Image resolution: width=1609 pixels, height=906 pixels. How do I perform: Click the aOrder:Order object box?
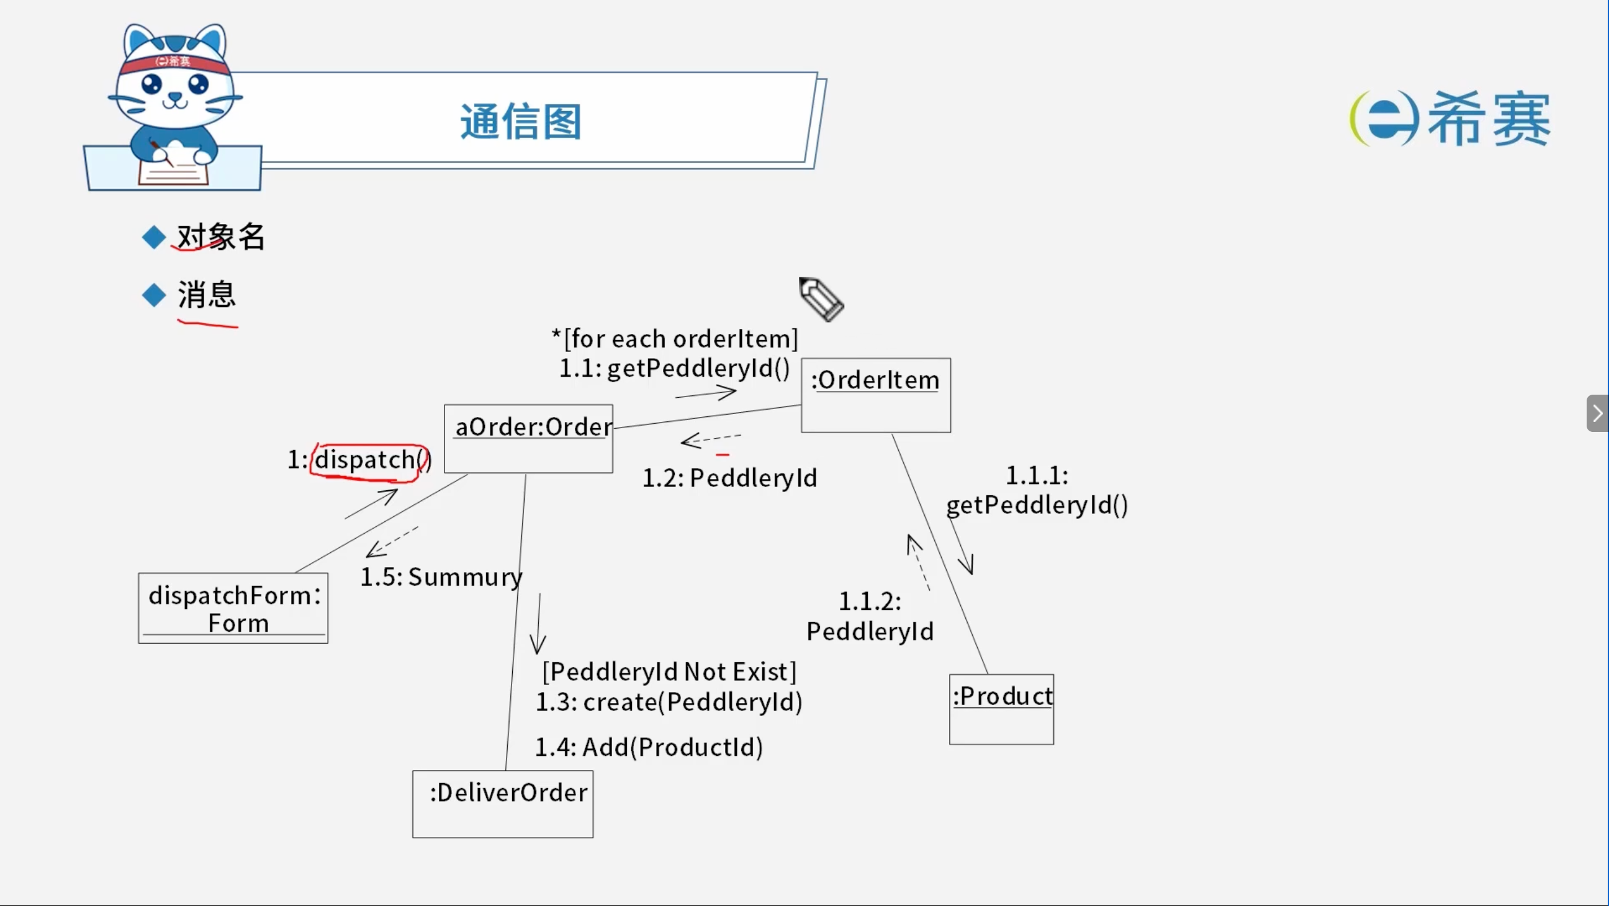528,439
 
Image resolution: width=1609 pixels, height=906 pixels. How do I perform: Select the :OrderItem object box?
876,395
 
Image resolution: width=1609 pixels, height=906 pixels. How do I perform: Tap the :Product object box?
1001,709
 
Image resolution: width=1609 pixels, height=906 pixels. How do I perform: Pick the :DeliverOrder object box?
503,804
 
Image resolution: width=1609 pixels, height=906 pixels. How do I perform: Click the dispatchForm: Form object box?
233,608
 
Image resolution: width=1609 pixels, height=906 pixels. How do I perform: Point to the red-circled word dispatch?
365,460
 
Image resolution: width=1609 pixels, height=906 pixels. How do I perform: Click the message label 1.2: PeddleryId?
729,478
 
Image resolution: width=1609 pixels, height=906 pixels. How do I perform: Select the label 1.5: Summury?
441,578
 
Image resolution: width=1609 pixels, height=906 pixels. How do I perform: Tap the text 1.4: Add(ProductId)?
649,747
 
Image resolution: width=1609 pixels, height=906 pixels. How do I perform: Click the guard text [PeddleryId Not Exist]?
670,672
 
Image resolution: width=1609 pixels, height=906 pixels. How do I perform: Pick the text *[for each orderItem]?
675,338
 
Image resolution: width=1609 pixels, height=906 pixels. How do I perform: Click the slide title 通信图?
521,121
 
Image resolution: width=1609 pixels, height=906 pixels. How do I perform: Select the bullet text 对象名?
221,236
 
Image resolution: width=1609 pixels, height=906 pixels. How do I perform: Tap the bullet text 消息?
207,294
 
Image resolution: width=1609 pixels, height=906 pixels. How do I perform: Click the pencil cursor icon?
821,299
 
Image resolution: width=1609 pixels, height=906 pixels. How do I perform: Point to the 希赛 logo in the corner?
1449,119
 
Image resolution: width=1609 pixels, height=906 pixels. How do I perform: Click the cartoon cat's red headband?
174,63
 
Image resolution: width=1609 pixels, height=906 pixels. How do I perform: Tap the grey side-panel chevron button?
1597,413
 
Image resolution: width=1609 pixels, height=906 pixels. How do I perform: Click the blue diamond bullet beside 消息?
154,295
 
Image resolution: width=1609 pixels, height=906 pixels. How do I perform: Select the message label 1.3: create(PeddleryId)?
669,702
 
